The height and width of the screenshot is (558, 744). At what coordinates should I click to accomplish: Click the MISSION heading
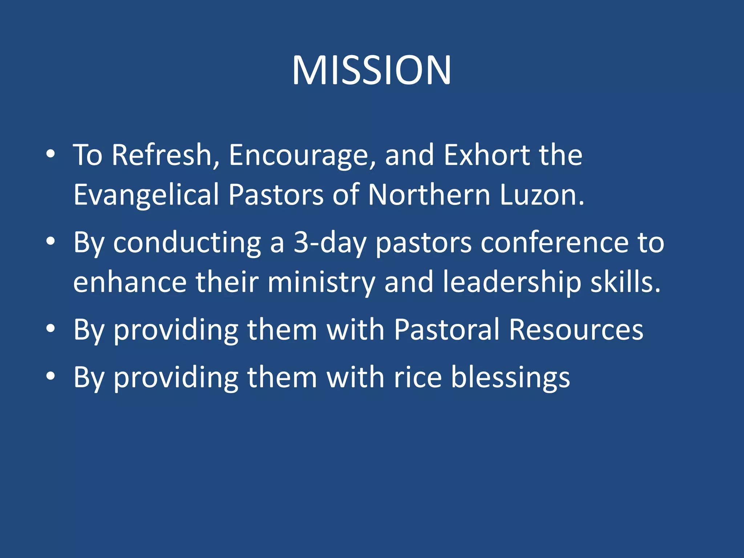pyautogui.click(x=372, y=70)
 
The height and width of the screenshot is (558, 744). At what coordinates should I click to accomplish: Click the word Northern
pyautogui.click(x=429, y=195)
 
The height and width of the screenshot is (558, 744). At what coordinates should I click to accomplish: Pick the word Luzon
pyautogui.click(x=541, y=195)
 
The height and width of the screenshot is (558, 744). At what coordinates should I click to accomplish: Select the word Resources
pyautogui.click(x=576, y=329)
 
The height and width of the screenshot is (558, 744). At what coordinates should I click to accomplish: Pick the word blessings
pyautogui.click(x=510, y=378)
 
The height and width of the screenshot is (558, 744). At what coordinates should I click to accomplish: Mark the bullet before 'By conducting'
pyautogui.click(x=50, y=241)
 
